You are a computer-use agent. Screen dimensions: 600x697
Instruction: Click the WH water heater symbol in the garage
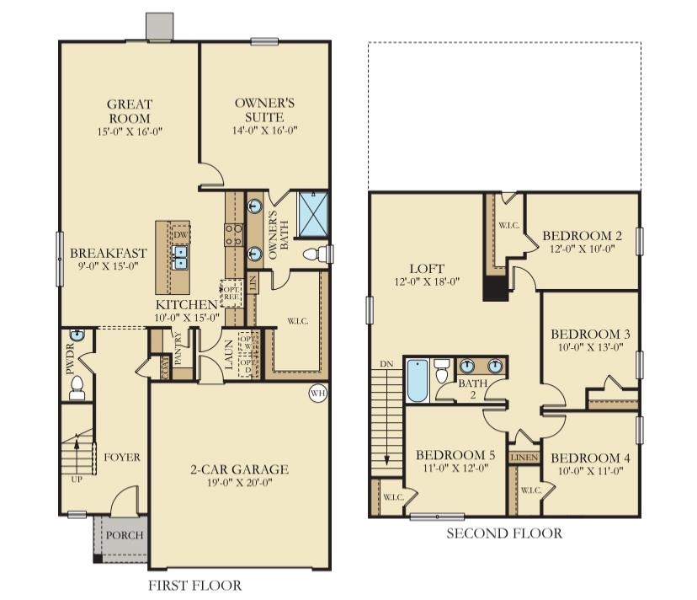click(x=317, y=393)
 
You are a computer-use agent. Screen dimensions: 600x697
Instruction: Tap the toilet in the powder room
click(x=76, y=387)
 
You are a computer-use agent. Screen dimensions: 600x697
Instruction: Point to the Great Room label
click(x=129, y=110)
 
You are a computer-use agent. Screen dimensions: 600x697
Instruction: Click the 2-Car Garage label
click(x=239, y=469)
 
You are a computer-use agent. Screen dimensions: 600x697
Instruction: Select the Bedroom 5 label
click(x=455, y=455)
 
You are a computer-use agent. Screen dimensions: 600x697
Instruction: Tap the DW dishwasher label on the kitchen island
click(x=179, y=234)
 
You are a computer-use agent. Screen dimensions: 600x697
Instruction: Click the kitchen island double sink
click(x=180, y=257)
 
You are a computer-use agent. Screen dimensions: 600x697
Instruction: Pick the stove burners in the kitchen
click(x=232, y=233)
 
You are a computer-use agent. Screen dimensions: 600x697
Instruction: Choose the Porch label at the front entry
click(x=124, y=535)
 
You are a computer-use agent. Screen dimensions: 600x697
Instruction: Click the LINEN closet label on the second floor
click(x=524, y=457)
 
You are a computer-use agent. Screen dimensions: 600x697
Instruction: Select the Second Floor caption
click(x=503, y=533)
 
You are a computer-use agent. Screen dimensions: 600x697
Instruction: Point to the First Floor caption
click(x=194, y=586)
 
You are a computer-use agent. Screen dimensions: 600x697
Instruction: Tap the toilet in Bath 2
click(x=443, y=372)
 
